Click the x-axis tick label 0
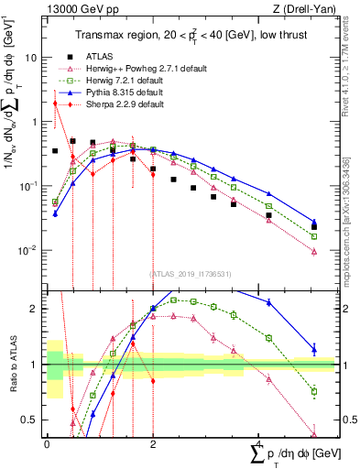pos(47,443)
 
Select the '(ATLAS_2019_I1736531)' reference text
pos(190,273)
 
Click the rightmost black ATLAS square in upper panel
pos(314,227)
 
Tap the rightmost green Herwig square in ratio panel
pos(314,392)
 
